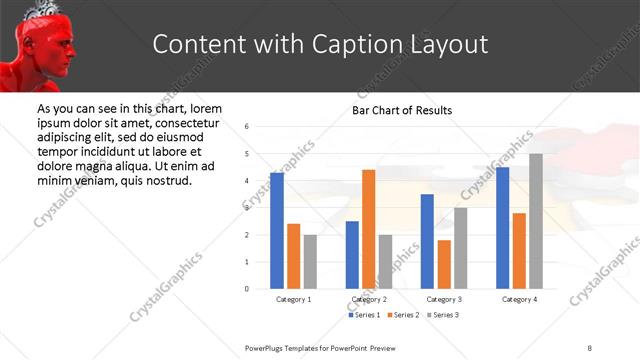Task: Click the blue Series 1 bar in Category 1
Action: [277, 231]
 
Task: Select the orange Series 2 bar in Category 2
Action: [369, 229]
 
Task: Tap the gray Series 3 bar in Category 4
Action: [536, 221]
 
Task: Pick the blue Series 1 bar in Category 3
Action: [427, 241]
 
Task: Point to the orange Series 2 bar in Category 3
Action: [444, 264]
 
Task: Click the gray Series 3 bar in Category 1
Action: [310, 261]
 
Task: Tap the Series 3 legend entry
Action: [444, 315]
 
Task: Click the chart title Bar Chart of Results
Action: [402, 110]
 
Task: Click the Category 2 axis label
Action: [369, 299]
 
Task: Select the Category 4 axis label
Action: [519, 299]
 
